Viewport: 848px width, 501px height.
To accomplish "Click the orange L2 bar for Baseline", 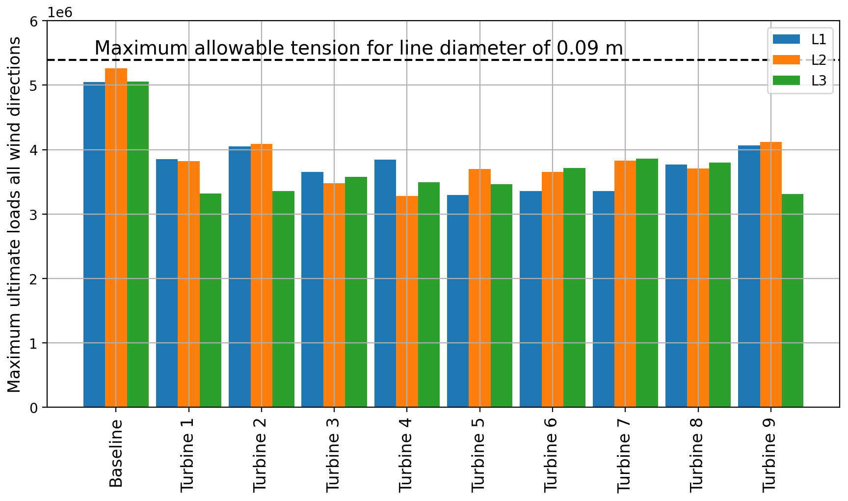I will click(x=116, y=238).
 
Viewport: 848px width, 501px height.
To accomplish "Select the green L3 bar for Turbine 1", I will click(x=211, y=300).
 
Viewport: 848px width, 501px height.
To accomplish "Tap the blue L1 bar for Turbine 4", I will click(x=385, y=283).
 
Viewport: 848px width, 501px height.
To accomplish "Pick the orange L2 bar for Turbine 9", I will click(x=771, y=275).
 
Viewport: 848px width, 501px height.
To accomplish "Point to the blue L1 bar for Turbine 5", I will click(x=458, y=301).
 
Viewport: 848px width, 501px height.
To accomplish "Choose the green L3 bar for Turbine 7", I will click(x=647, y=283).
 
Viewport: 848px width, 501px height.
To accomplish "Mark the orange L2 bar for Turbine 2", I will click(x=262, y=276).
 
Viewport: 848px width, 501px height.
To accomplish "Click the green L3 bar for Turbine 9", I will click(x=793, y=301).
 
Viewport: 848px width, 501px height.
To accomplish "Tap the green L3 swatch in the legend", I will click(x=786, y=81).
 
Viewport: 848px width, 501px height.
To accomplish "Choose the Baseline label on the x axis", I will click(x=116, y=453).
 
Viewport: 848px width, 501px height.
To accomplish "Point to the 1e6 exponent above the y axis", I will click(x=60, y=12).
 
